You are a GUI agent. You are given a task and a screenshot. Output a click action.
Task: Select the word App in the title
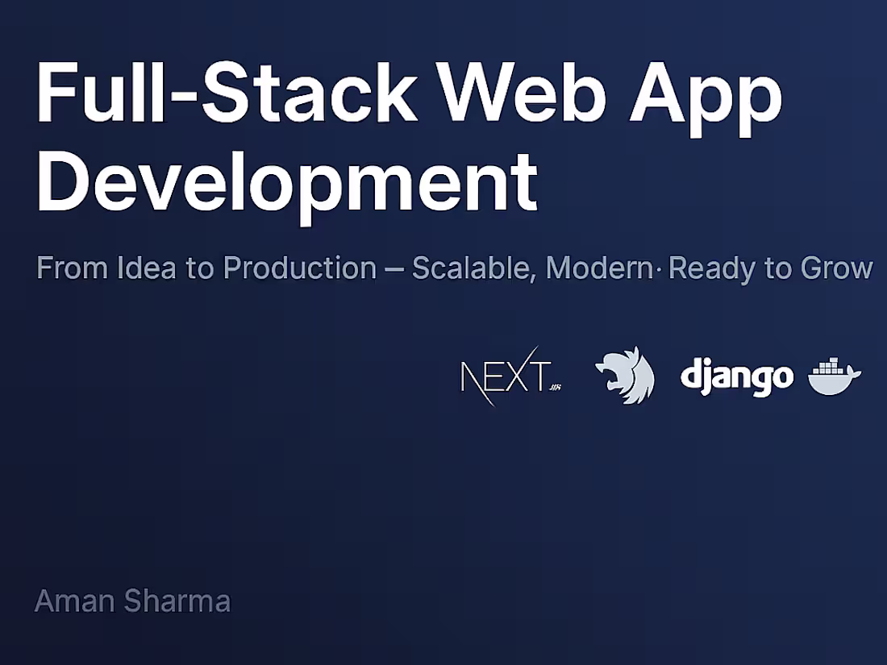(x=710, y=94)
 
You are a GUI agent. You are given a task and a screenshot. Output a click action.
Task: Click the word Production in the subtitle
(x=299, y=268)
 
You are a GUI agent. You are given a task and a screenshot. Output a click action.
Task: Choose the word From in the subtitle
(x=63, y=268)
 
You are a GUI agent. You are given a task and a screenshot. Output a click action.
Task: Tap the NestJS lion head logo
(x=625, y=375)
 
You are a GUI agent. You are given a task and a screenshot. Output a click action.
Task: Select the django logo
(x=736, y=376)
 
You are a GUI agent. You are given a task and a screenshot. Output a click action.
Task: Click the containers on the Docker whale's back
(x=828, y=367)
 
